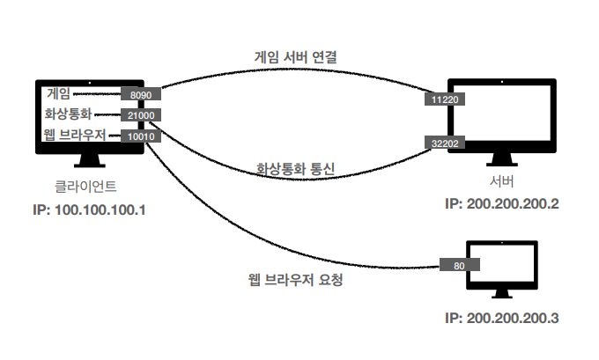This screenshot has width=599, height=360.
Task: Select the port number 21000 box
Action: (x=140, y=114)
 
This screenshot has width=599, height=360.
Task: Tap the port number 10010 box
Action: (x=140, y=136)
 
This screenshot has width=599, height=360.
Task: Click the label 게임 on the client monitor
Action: (x=59, y=92)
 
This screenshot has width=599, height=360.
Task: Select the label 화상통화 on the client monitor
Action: (x=68, y=114)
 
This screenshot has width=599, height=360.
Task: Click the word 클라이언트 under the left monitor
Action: (x=85, y=187)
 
